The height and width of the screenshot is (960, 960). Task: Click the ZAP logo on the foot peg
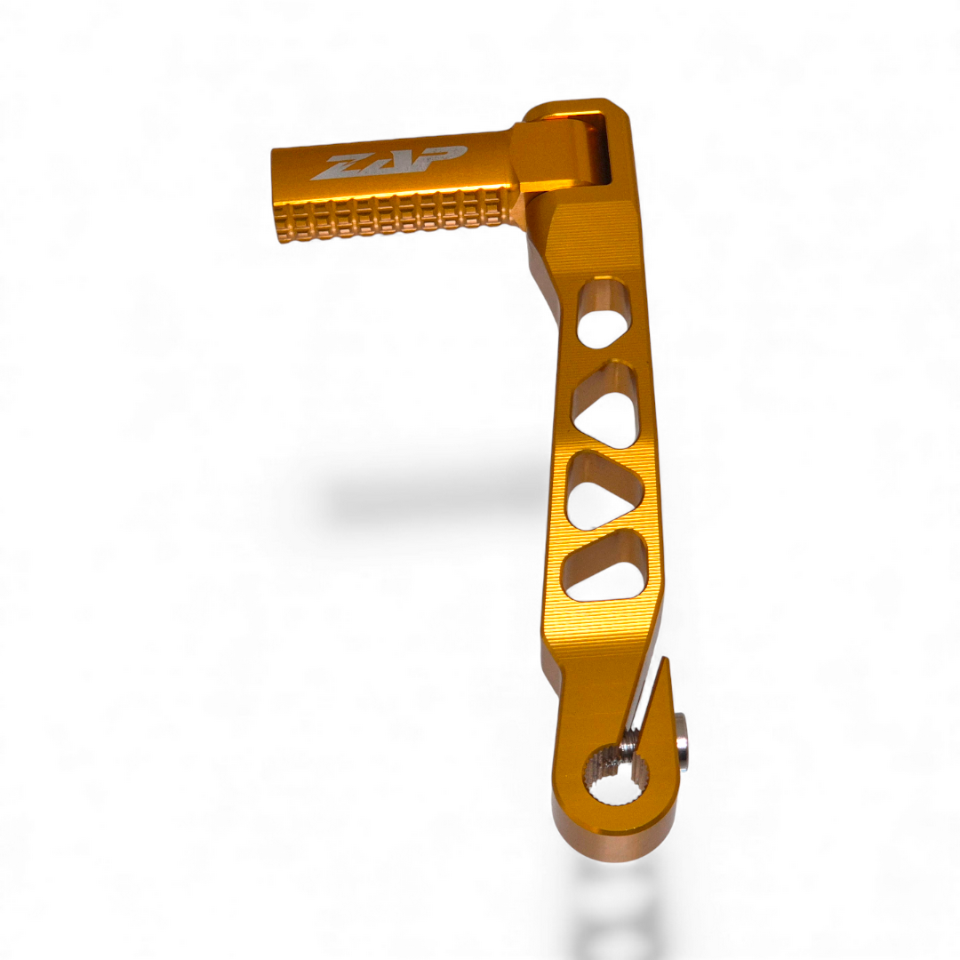[388, 164]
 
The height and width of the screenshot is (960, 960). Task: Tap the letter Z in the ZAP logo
[339, 167]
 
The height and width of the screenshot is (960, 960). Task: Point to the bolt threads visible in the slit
[630, 738]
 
